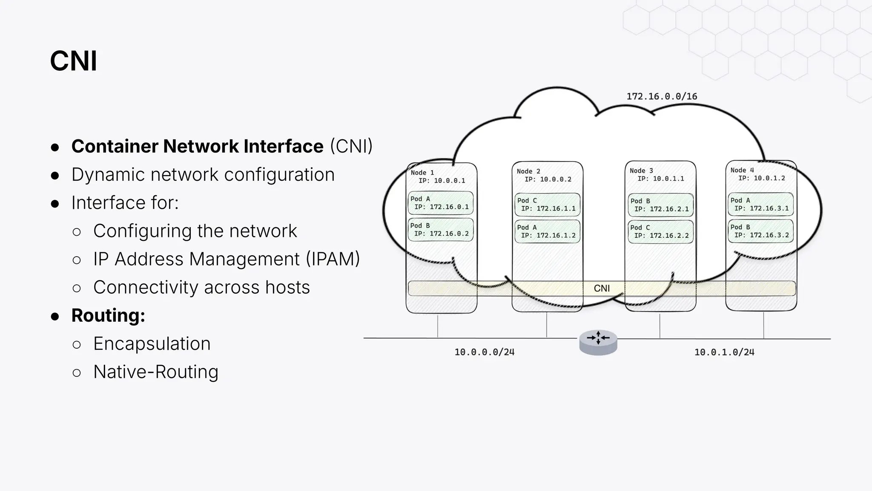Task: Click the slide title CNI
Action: (73, 61)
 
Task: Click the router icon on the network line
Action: (598, 342)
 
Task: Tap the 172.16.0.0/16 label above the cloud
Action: (662, 96)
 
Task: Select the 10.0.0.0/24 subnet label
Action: (484, 352)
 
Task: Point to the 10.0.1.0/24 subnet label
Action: (724, 352)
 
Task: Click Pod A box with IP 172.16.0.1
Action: (441, 203)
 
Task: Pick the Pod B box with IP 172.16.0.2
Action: (441, 230)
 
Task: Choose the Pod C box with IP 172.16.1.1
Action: (547, 205)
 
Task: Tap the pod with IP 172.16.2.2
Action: (660, 231)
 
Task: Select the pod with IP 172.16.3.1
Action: (760, 204)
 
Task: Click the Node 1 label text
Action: (422, 173)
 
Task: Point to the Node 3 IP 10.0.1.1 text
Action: (660, 179)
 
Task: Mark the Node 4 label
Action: (742, 170)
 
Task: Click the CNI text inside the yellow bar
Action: (602, 289)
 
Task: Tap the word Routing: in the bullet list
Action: (108, 315)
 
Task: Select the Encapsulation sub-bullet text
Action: (152, 344)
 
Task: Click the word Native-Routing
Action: (155, 372)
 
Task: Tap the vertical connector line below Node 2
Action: (547, 325)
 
